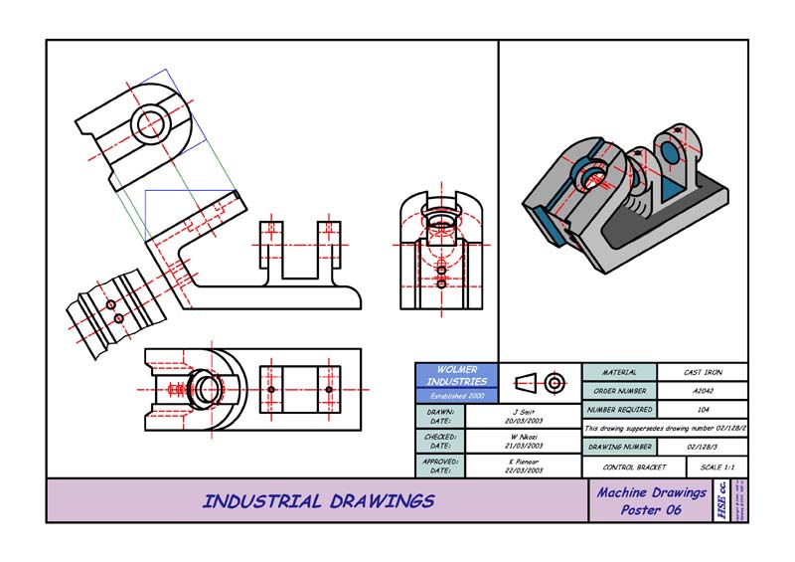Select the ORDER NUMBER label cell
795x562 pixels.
pyautogui.click(x=618, y=391)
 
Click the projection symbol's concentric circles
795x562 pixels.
pyautogui.click(x=555, y=382)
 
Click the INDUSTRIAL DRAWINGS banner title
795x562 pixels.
pyautogui.click(x=318, y=501)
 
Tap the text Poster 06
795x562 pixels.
pyautogui.click(x=651, y=509)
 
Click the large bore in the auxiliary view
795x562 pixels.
pyautogui.click(x=152, y=123)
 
